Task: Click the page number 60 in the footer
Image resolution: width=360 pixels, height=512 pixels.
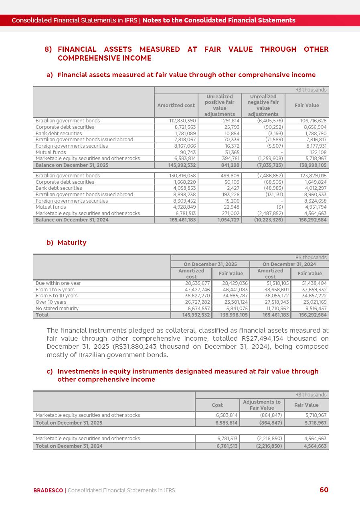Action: (x=324, y=490)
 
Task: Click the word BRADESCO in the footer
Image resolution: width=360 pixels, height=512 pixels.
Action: (x=48, y=490)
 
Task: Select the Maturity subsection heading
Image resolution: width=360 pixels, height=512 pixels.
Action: (x=72, y=242)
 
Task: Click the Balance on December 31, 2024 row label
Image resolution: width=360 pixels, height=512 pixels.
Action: (x=72, y=220)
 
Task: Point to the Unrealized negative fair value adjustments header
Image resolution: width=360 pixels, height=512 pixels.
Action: (x=263, y=106)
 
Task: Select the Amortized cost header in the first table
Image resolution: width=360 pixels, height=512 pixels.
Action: (x=176, y=106)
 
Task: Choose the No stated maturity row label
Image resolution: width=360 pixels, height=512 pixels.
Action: (x=57, y=309)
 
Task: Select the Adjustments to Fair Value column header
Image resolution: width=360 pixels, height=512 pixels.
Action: (x=262, y=405)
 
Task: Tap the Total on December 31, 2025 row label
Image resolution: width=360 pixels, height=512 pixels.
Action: (x=69, y=423)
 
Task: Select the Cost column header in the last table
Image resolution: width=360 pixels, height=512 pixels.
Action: (x=217, y=405)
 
